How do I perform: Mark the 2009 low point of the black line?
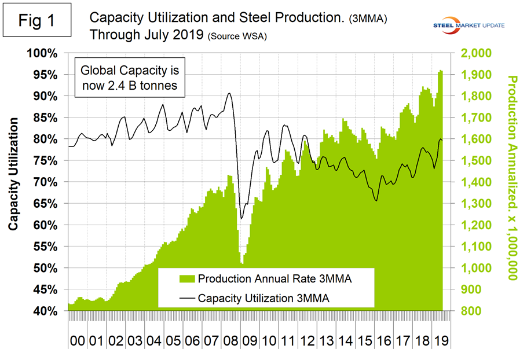tap(241, 218)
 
